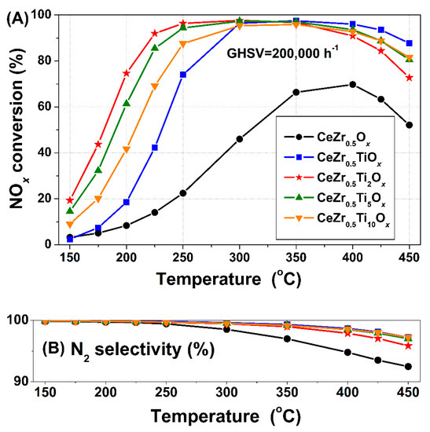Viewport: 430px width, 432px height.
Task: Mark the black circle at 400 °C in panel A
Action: (x=352, y=84)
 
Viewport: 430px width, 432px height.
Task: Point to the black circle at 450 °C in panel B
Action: (x=410, y=367)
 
